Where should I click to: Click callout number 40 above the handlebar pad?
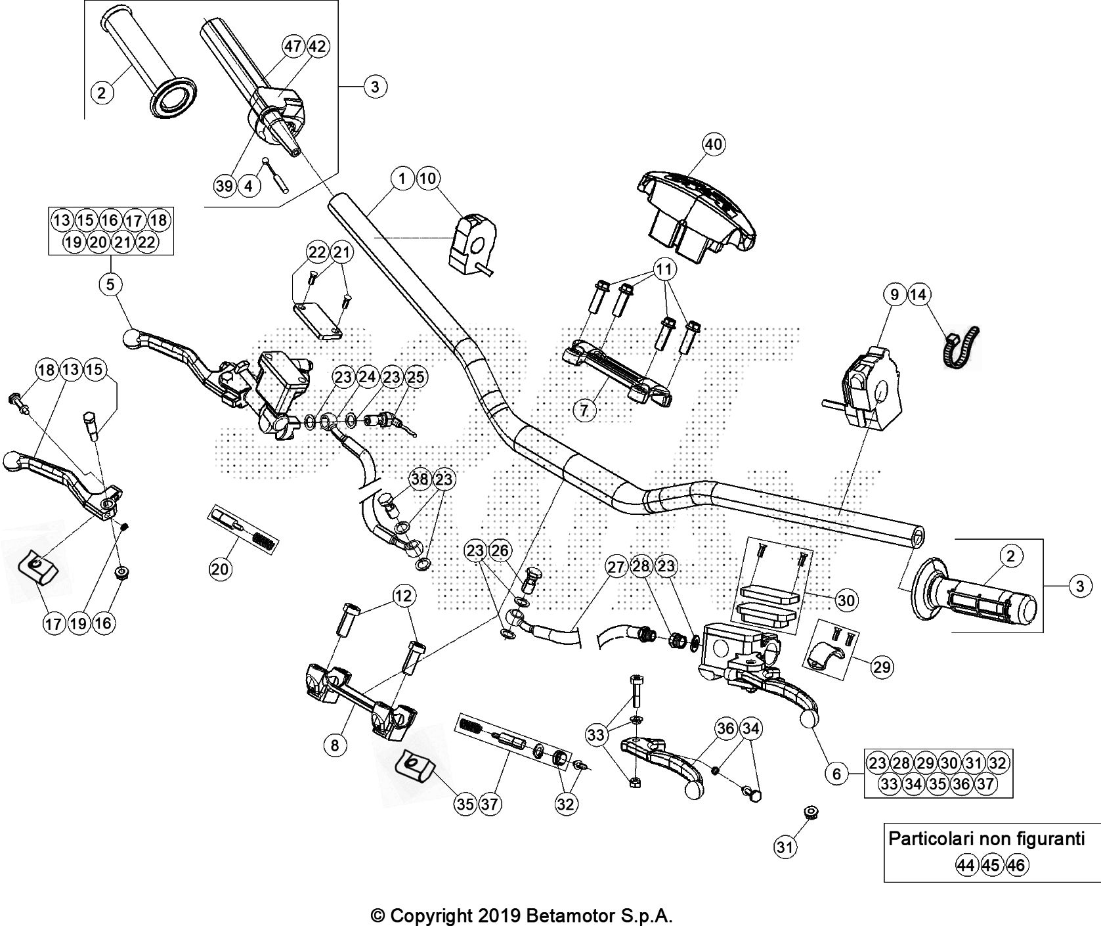click(x=714, y=144)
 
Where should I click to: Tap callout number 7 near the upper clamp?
click(x=584, y=410)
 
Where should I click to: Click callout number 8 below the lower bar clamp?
click(x=335, y=745)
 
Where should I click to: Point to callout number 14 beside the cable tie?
click(x=918, y=296)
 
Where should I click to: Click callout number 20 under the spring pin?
click(x=220, y=569)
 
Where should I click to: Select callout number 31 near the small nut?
click(x=784, y=848)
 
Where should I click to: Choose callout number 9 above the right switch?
click(x=894, y=296)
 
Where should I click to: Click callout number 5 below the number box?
click(x=110, y=284)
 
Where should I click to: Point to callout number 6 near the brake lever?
click(x=836, y=774)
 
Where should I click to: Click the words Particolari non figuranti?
click(x=986, y=839)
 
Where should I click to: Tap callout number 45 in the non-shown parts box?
click(x=991, y=866)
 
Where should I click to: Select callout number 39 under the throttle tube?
click(x=225, y=186)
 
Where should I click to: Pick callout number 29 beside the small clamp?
click(x=882, y=667)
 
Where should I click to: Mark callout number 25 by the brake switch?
click(x=416, y=378)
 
